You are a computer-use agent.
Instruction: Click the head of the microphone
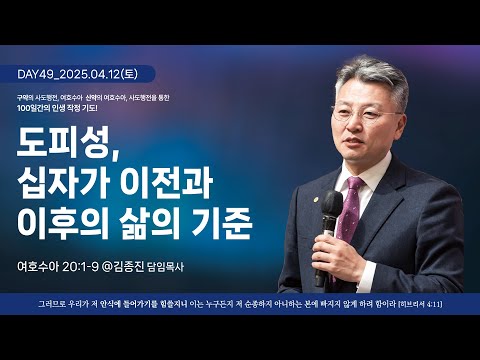click(333, 208)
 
